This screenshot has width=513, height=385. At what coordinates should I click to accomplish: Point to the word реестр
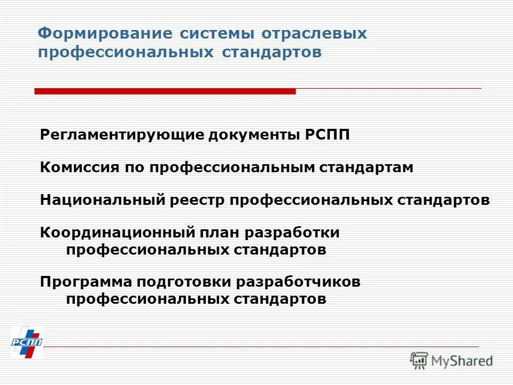[x=197, y=200]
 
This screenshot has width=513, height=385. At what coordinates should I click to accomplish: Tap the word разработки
[x=293, y=233]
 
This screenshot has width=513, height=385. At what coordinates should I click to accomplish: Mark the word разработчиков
[x=298, y=282]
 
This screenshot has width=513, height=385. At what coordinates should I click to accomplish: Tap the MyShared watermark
[x=452, y=360]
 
